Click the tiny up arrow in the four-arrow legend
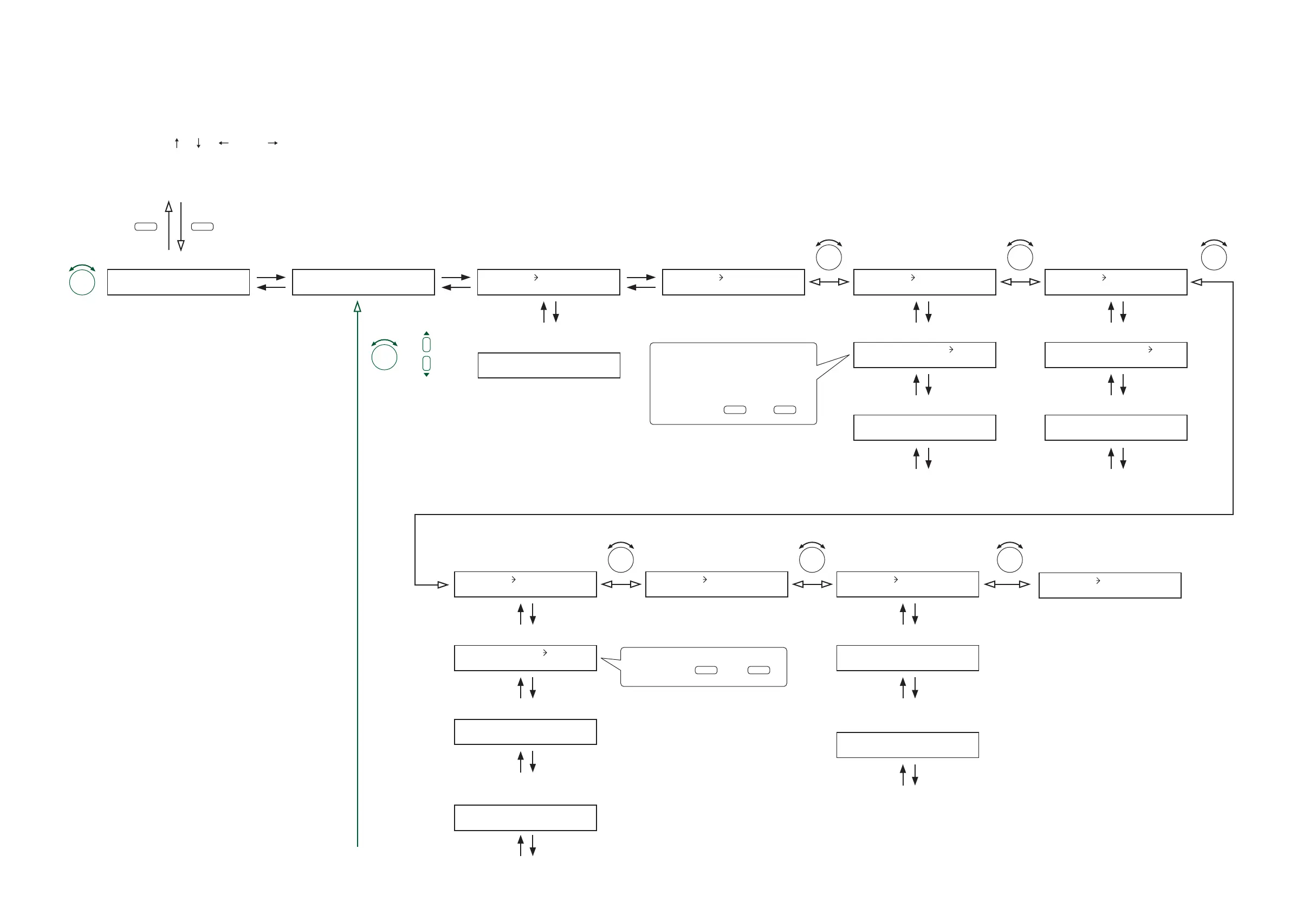pyautogui.click(x=177, y=143)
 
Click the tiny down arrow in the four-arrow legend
pyautogui.click(x=198, y=143)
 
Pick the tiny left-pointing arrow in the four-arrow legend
pyautogui.click(x=224, y=143)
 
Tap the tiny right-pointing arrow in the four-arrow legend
pyautogui.click(x=273, y=143)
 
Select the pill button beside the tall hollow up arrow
pyautogui.click(x=146, y=227)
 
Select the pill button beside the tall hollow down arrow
pyautogui.click(x=202, y=227)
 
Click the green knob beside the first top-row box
pyautogui.click(x=82, y=282)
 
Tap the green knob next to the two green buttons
pyautogui.click(x=384, y=356)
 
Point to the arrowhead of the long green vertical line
pyautogui.click(x=358, y=306)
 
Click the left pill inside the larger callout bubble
pyautogui.click(x=735, y=410)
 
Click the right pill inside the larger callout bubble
pyautogui.click(x=785, y=410)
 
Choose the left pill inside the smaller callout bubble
pyautogui.click(x=706, y=670)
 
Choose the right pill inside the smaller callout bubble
pyautogui.click(x=759, y=670)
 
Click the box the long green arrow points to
pyautogui.click(x=363, y=282)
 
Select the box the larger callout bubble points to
pyautogui.click(x=924, y=355)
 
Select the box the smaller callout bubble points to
pyautogui.click(x=526, y=658)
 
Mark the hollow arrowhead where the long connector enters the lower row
pyautogui.click(x=443, y=584)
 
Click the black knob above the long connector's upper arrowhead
pyautogui.click(x=1214, y=257)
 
